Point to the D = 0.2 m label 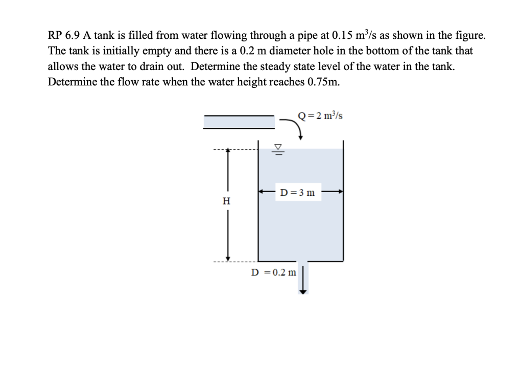[273, 272]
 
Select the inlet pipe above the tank [239, 122]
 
